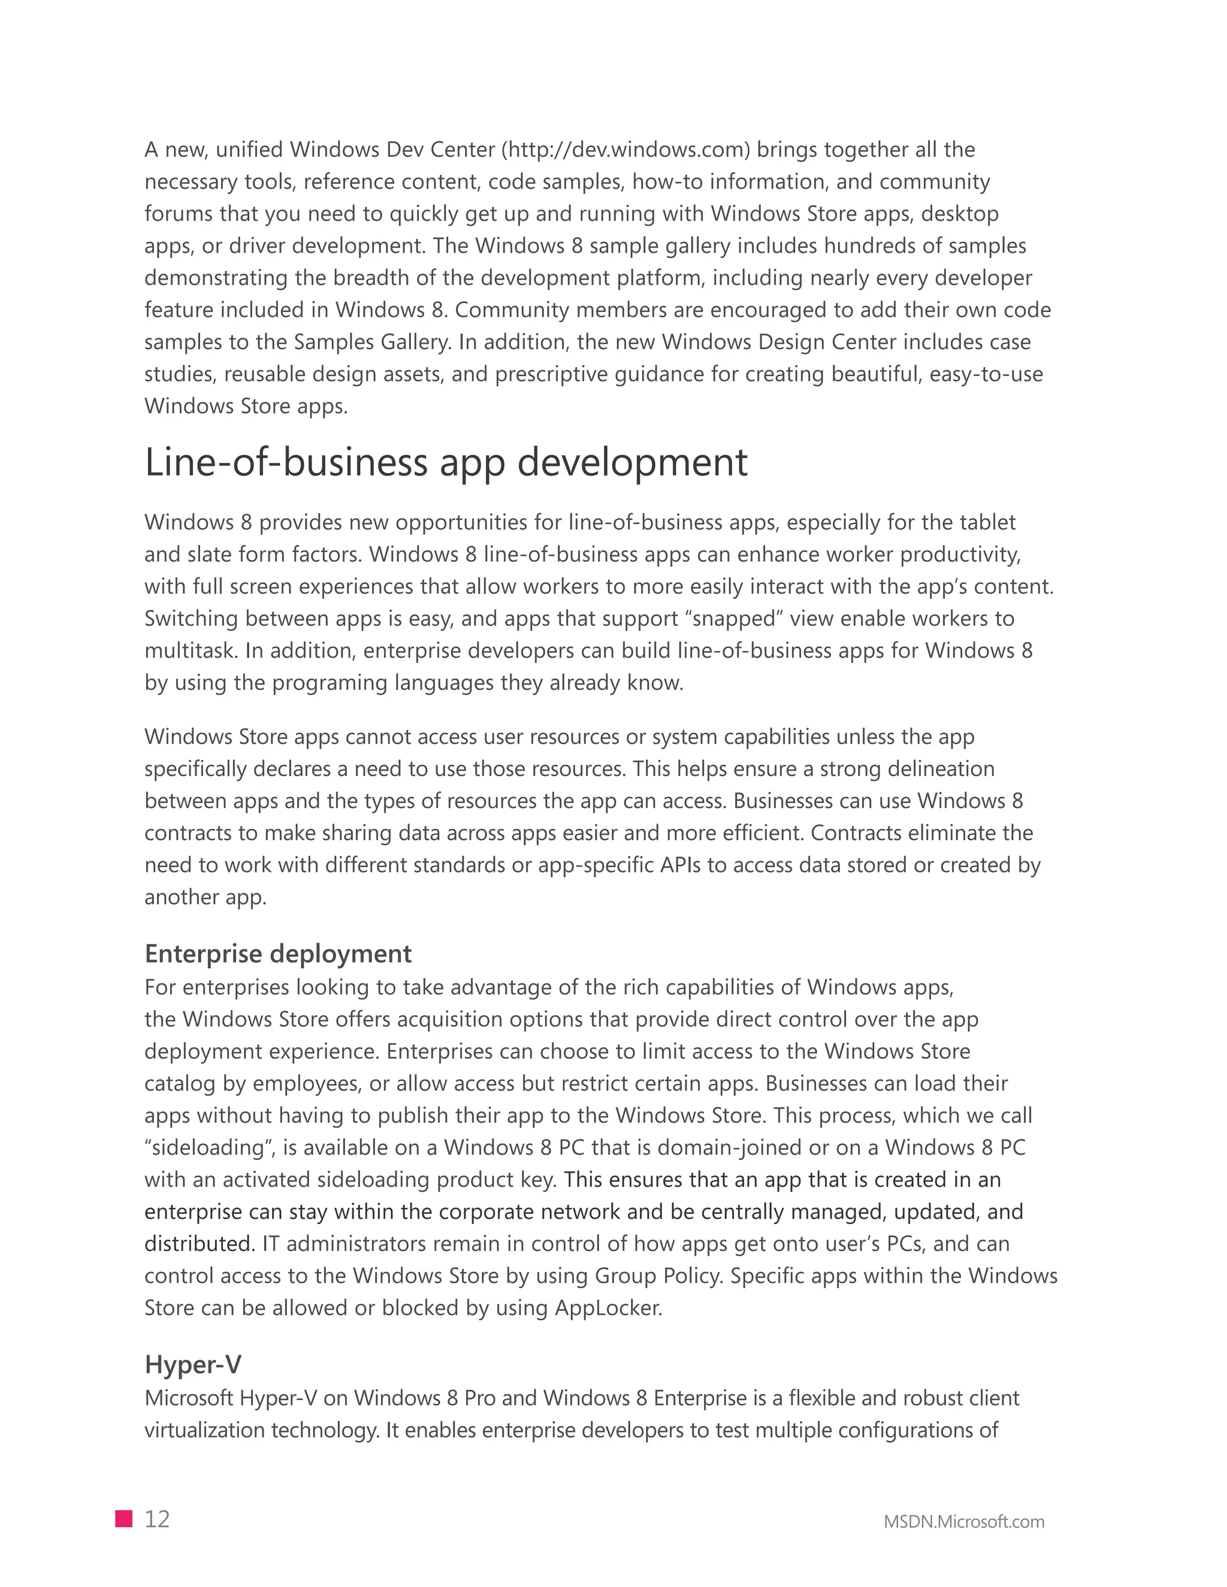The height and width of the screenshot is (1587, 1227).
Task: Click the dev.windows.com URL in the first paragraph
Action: pyautogui.click(x=625, y=150)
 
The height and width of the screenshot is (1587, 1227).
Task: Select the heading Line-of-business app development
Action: pyautogui.click(x=446, y=462)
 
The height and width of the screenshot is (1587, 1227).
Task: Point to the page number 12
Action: pyautogui.click(x=157, y=1519)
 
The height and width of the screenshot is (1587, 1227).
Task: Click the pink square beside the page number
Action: pyautogui.click(x=123, y=1519)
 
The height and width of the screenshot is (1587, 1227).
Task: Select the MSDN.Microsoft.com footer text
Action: pyautogui.click(x=964, y=1522)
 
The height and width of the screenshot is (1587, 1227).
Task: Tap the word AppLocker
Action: pyautogui.click(x=609, y=1308)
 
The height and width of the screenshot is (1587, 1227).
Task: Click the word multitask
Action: pyautogui.click(x=191, y=650)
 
